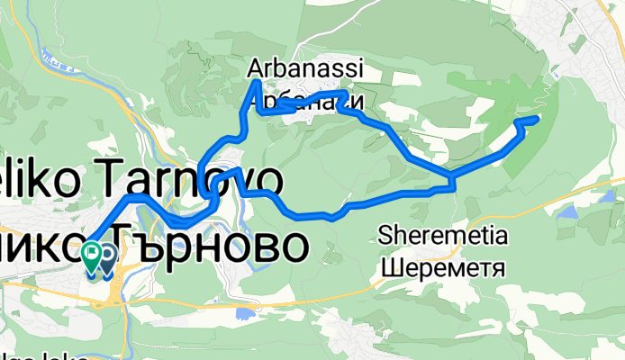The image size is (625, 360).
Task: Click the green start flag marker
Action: [91, 255]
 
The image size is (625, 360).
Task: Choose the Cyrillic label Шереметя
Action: [443, 267]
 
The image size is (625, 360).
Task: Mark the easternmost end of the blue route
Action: [538, 118]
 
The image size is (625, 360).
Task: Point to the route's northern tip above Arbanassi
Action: [256, 83]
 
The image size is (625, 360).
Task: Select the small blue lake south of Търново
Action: [243, 313]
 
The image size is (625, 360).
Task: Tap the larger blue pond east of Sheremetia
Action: [569, 213]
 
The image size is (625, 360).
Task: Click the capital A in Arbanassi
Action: [255, 68]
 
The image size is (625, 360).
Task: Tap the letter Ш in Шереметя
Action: [389, 267]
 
